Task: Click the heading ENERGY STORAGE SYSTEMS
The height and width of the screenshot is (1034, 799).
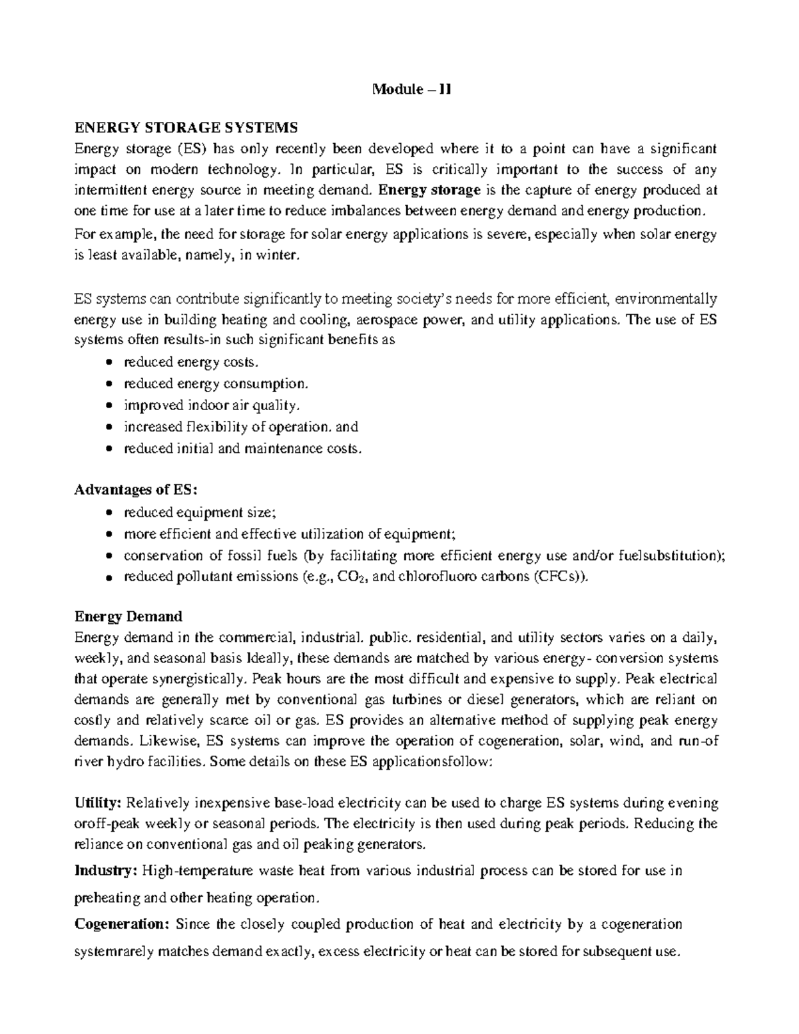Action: pyautogui.click(x=186, y=127)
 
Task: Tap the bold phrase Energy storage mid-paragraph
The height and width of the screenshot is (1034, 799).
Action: pyautogui.click(x=428, y=190)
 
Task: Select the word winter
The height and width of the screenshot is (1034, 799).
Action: pyautogui.click(x=273, y=255)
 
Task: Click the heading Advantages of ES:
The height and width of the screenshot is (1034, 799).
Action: pyautogui.click(x=136, y=490)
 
